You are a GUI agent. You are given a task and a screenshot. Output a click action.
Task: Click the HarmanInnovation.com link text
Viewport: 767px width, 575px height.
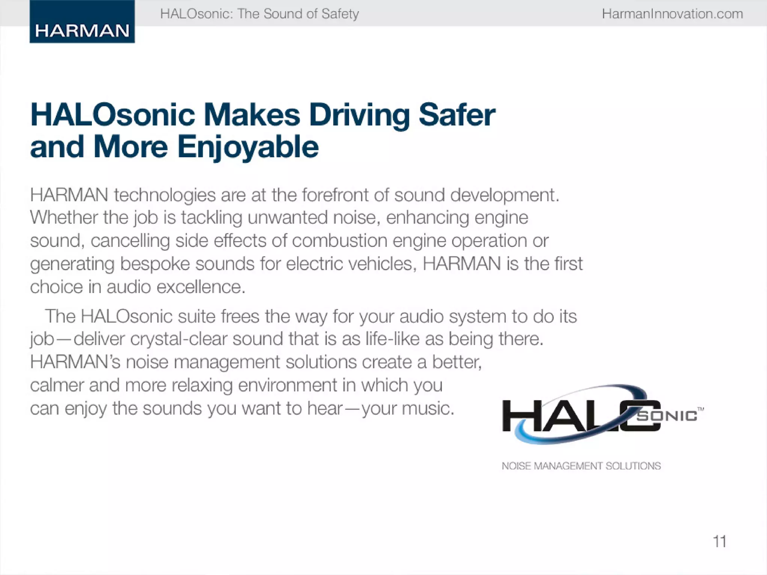[672, 14]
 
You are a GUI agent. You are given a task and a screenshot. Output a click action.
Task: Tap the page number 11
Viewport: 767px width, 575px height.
[719, 541]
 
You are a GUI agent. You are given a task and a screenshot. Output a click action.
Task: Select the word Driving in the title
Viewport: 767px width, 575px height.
[359, 115]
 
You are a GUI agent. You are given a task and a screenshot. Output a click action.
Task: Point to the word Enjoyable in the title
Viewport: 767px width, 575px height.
[248, 147]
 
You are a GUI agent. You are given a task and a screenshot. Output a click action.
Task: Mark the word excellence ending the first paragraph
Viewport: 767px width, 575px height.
[201, 287]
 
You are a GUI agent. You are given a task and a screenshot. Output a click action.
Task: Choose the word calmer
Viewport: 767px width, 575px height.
[57, 385]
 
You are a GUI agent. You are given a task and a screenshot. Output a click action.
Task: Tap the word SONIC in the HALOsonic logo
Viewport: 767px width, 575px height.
[667, 416]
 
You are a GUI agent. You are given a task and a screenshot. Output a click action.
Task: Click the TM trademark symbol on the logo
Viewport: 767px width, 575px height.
[701, 409]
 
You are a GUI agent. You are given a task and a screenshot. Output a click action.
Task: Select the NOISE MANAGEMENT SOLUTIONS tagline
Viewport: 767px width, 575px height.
[581, 466]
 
